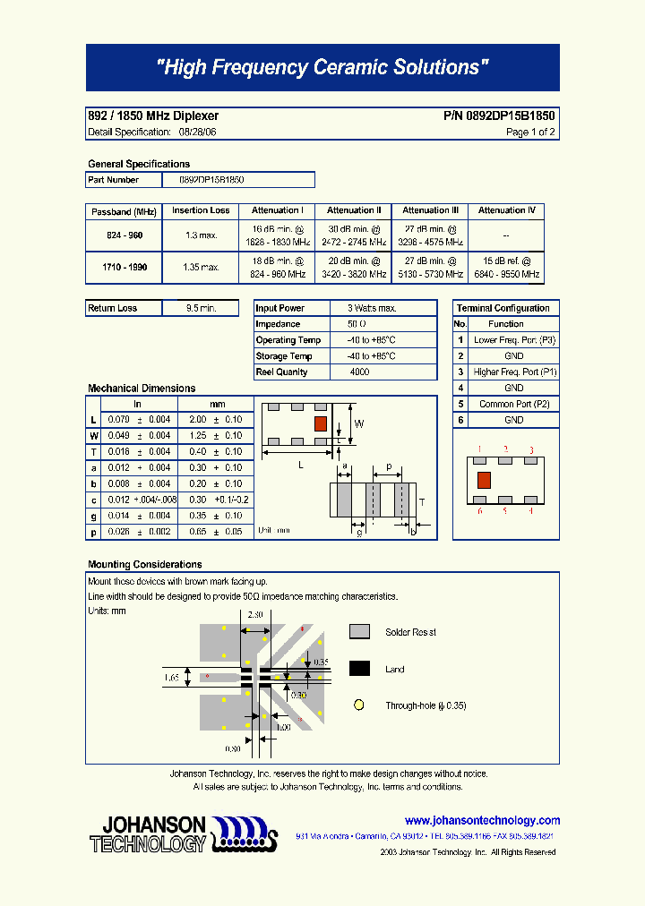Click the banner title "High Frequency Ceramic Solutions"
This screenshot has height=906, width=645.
tap(322, 68)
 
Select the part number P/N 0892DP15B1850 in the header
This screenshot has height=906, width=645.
tap(499, 116)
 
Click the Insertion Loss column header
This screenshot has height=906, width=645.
tap(201, 211)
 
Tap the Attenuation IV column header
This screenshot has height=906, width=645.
tap(506, 211)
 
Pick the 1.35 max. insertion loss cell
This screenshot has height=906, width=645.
tap(201, 267)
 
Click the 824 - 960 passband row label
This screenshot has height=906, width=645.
tap(124, 235)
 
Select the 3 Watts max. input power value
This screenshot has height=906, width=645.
tap(371, 308)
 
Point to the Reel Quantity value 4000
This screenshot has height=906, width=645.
tap(359, 372)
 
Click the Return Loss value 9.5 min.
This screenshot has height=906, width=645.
tap(201, 308)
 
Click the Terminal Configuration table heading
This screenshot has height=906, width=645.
tap(503, 308)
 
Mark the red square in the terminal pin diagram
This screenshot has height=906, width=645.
tap(484, 480)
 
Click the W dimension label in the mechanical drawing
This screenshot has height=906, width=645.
tap(359, 423)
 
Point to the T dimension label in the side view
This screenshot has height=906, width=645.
tap(421, 502)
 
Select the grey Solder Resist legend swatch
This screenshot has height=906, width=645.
tap(359, 632)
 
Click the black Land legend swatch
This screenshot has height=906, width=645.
tap(359, 669)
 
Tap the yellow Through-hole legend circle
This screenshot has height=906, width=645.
tap(359, 705)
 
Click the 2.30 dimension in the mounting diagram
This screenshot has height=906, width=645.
tap(254, 615)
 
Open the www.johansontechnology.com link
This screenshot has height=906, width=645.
tap(482, 820)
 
